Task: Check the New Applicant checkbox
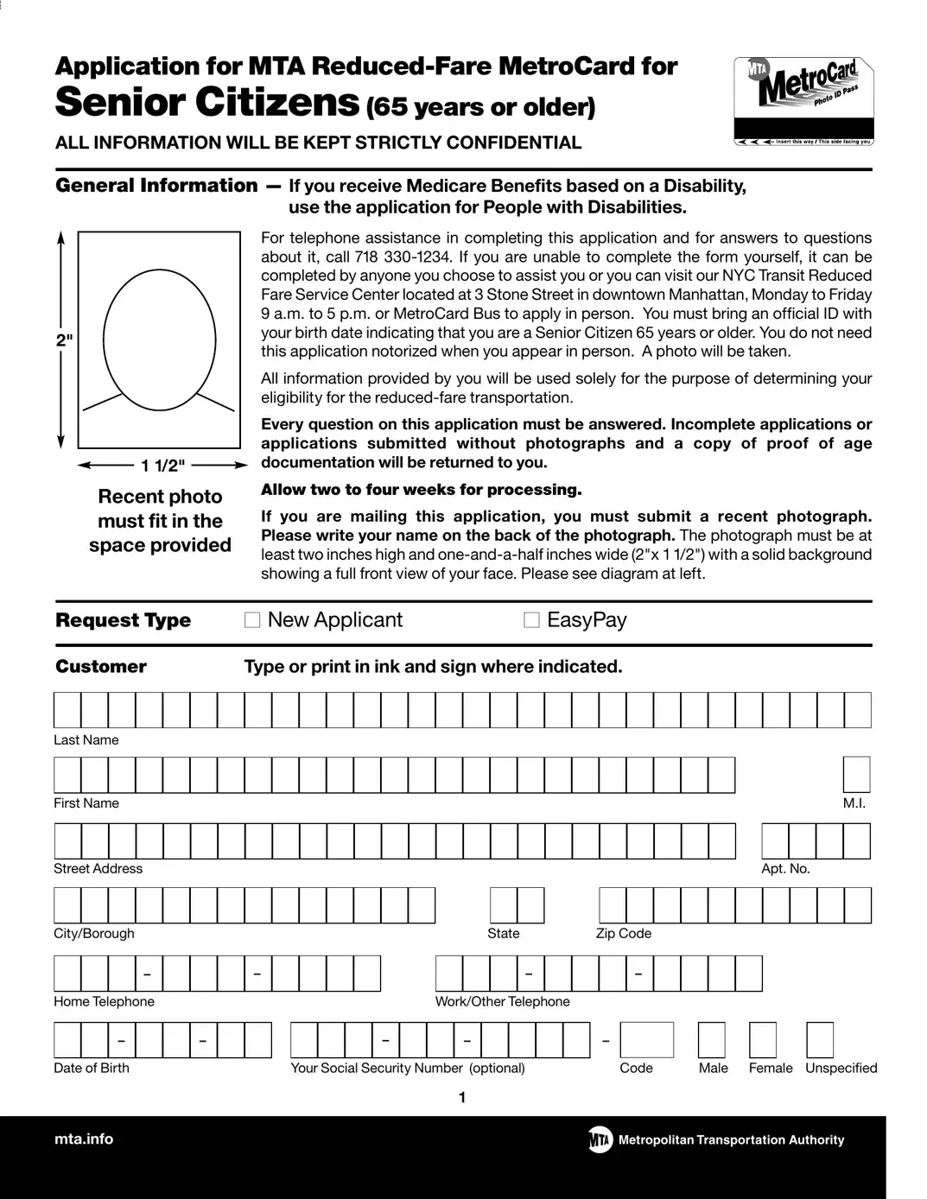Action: [x=252, y=620]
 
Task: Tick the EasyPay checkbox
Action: [x=531, y=620]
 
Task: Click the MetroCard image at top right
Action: [x=803, y=101]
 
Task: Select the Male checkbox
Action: [x=711, y=1040]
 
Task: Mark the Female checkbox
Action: [x=763, y=1040]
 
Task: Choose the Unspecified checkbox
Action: [x=820, y=1040]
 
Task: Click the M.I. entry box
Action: [x=856, y=774]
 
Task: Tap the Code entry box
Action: [x=646, y=1040]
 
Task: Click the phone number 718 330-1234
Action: [x=403, y=257]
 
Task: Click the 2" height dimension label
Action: [x=64, y=340]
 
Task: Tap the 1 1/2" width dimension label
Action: [x=162, y=466]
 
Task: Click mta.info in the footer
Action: [x=84, y=1139]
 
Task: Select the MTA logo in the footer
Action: [x=600, y=1139]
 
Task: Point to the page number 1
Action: [x=462, y=1098]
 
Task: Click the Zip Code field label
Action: [x=623, y=934]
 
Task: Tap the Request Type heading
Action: [x=123, y=620]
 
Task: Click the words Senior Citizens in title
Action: [x=206, y=102]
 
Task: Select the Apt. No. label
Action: [x=785, y=869]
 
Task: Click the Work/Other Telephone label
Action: [x=502, y=1002]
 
